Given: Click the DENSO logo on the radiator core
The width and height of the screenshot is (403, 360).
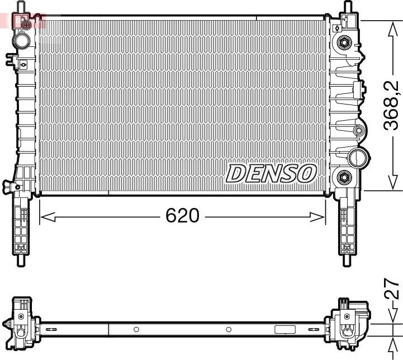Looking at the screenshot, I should coord(271,173).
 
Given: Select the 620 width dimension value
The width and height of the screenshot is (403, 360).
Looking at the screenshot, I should coord(182,215).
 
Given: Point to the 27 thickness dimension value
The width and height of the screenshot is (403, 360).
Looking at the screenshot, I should coord(393,290).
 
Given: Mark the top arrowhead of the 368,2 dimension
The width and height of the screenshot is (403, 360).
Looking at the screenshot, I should coord(393,26).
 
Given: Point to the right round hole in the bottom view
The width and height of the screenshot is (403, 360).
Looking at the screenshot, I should coord(229,329).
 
